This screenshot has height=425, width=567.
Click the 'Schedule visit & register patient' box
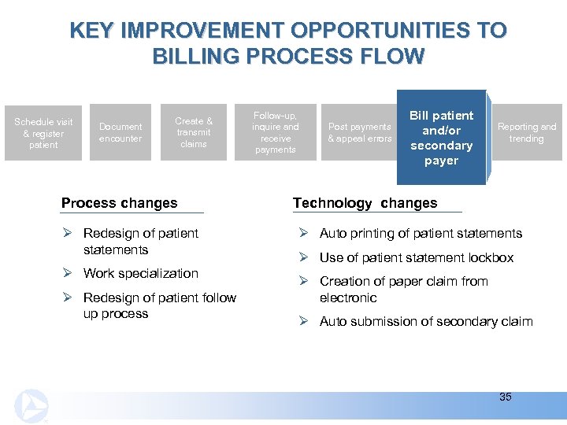pos(43,133)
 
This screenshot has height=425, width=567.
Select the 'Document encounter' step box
pos(120,133)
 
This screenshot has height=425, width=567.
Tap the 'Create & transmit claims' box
pos(194,133)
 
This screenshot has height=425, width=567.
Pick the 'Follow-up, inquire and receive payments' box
pos(276,133)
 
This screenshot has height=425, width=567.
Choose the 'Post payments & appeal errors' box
pos(359,133)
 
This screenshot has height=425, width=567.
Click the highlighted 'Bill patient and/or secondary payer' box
pos(441,138)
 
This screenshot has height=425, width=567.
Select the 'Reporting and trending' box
pos(526,133)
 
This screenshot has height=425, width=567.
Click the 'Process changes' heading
pos(120,203)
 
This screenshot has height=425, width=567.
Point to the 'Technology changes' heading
pos(365,203)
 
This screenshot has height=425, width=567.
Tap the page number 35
pos(506,397)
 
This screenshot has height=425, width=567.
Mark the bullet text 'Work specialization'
pos(141,273)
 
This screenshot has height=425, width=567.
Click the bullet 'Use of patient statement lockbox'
pos(417,257)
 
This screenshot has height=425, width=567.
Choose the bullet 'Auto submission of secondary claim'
pos(426,321)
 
